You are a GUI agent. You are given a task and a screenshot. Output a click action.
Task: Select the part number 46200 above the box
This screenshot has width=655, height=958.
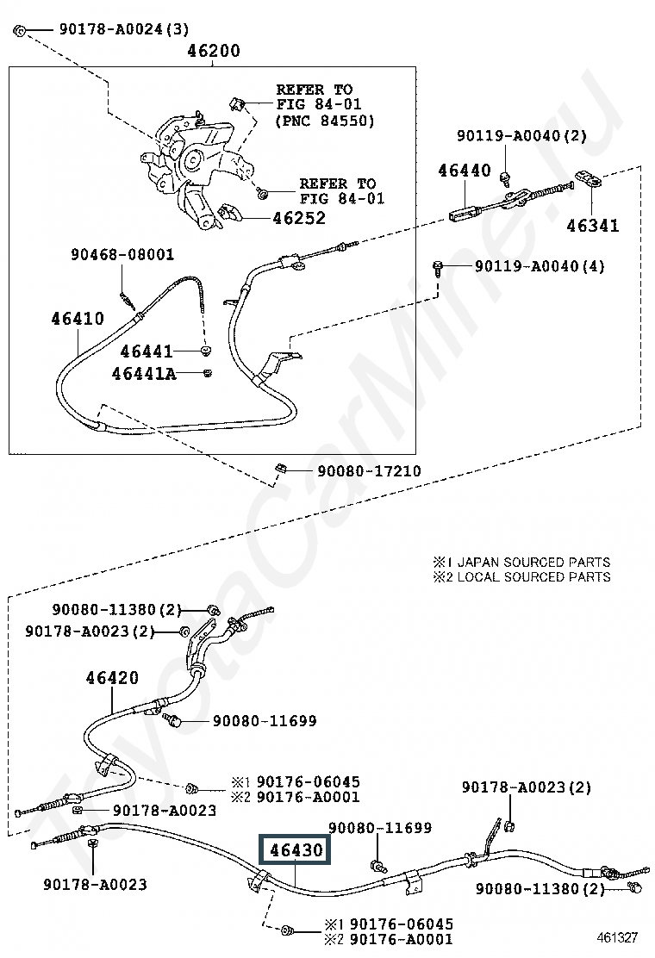pos(214,51)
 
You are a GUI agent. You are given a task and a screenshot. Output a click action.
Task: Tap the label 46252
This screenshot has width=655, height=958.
pos(299,218)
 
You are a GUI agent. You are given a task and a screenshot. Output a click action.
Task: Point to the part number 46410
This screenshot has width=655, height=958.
pos(77,319)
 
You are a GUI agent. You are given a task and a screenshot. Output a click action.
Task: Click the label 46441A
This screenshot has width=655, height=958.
pos(144,374)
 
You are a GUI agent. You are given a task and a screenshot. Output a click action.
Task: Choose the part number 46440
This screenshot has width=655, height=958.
pos(464,171)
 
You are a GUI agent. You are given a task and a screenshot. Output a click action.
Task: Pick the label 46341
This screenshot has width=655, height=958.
pos(592,227)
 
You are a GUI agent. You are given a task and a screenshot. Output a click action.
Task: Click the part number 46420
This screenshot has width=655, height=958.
pos(111,678)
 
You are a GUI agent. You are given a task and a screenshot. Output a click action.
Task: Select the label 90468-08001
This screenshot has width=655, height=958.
pos(122,255)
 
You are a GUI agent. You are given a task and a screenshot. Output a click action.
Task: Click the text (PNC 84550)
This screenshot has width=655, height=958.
pos(324,121)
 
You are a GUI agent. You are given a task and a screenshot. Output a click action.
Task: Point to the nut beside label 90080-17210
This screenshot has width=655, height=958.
pos(279,470)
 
